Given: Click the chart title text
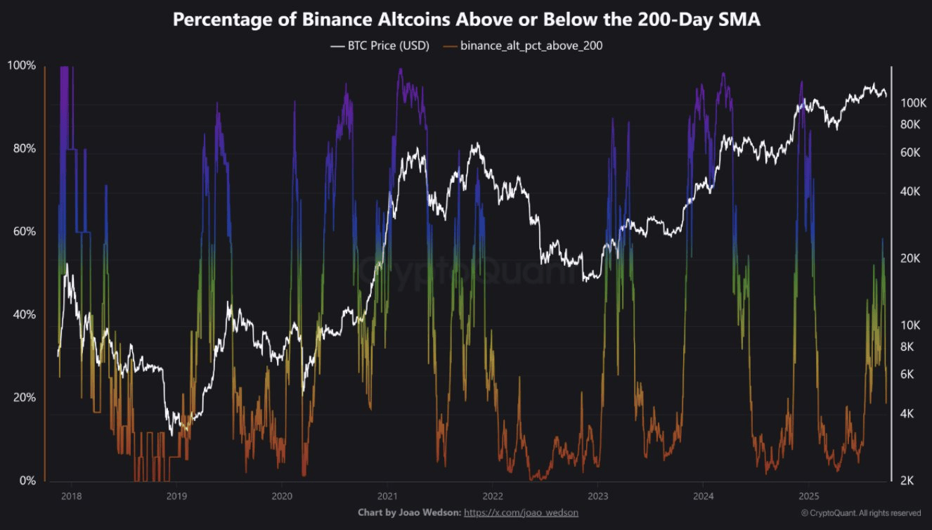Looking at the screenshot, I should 466,20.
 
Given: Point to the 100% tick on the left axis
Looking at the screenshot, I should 21,65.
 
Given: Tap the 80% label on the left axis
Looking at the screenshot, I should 21,149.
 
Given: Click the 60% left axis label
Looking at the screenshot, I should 21,232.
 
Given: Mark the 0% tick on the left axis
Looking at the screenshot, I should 25,481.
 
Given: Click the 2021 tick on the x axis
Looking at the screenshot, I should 387,495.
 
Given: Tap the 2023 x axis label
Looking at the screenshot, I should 597,495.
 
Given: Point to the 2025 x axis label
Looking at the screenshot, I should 808,495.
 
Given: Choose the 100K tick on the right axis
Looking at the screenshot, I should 914,103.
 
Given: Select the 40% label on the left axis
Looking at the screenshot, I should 21,315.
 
